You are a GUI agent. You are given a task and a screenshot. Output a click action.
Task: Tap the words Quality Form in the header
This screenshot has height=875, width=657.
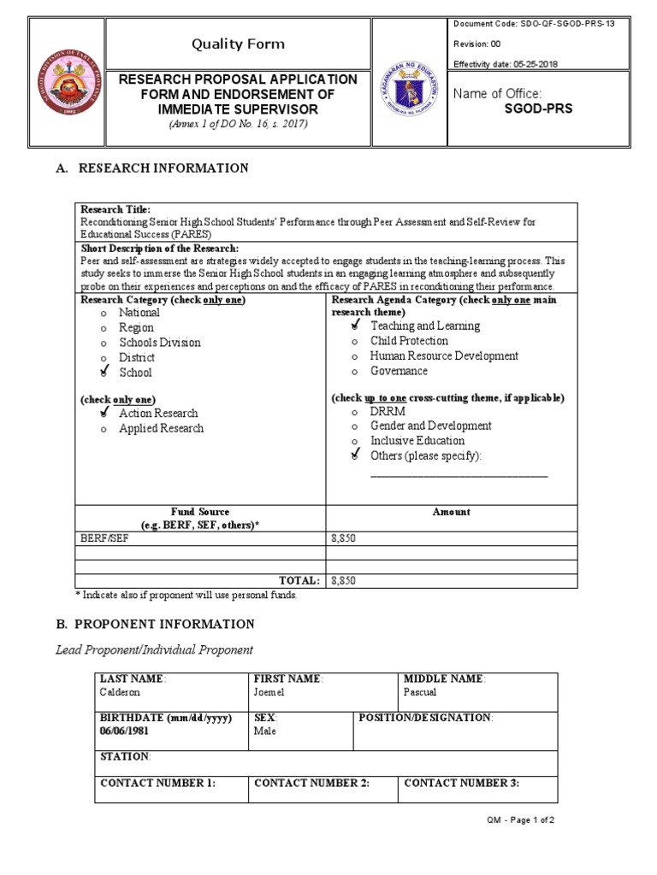point(238,44)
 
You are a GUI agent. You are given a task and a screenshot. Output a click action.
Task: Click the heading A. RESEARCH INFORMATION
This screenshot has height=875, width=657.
point(152,168)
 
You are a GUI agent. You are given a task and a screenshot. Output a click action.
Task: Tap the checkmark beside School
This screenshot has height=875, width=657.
point(104,372)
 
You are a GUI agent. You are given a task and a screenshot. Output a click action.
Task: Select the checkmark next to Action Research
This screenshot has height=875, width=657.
point(104,413)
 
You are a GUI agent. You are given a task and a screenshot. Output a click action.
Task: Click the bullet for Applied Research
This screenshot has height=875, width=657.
point(104,429)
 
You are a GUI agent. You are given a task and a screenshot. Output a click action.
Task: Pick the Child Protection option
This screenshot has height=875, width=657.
point(408,341)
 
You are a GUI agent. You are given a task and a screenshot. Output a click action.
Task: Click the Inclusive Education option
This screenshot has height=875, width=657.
point(417,441)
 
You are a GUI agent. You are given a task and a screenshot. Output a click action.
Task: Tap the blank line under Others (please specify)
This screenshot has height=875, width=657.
point(458,475)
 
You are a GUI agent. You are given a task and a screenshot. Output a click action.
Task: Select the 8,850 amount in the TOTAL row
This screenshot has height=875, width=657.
point(343,580)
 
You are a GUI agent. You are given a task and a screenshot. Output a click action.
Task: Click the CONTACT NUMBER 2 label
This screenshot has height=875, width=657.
point(311,783)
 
